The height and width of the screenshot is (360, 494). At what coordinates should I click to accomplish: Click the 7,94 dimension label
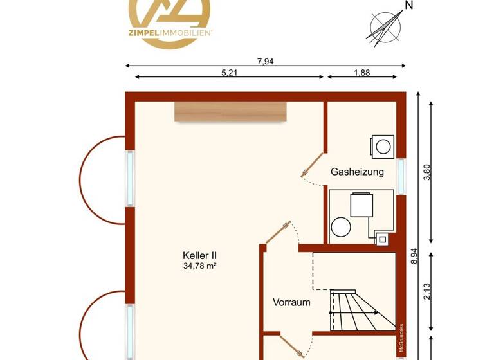point(265,62)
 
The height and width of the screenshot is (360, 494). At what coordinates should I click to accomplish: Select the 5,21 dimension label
point(230,73)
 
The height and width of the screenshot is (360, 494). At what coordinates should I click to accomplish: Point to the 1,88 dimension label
point(361,73)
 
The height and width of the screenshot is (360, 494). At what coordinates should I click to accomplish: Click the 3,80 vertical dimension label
point(426,173)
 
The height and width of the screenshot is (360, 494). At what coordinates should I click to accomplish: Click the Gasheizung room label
point(357,172)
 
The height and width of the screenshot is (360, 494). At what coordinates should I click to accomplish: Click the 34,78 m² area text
point(199,265)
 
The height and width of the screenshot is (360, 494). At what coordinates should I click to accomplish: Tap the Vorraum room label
point(291,301)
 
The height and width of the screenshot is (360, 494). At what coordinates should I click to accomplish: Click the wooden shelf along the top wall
point(230,111)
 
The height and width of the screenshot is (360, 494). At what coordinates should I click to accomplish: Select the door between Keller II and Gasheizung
point(313,165)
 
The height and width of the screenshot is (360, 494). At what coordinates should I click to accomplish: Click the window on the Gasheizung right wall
point(402,176)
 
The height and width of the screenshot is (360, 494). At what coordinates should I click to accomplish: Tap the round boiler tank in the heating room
point(340,227)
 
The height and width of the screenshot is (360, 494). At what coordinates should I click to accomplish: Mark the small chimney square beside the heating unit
point(382,239)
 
